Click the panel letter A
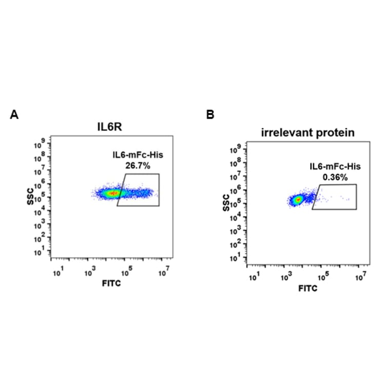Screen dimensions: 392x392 click(x=14, y=115)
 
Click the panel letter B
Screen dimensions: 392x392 click(x=210, y=115)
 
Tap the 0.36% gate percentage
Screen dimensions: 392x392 click(x=335, y=177)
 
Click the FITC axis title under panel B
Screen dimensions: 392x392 click(x=308, y=288)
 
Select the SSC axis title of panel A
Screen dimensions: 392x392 click(x=30, y=197)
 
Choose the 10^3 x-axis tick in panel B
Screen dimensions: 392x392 click(x=287, y=278)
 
